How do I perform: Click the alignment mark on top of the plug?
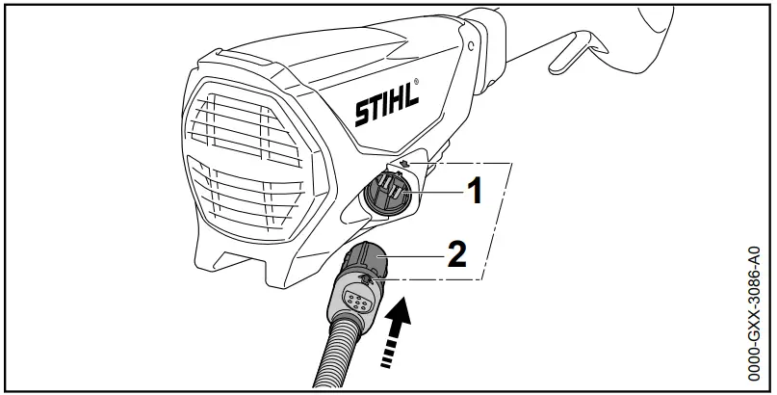367,280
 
